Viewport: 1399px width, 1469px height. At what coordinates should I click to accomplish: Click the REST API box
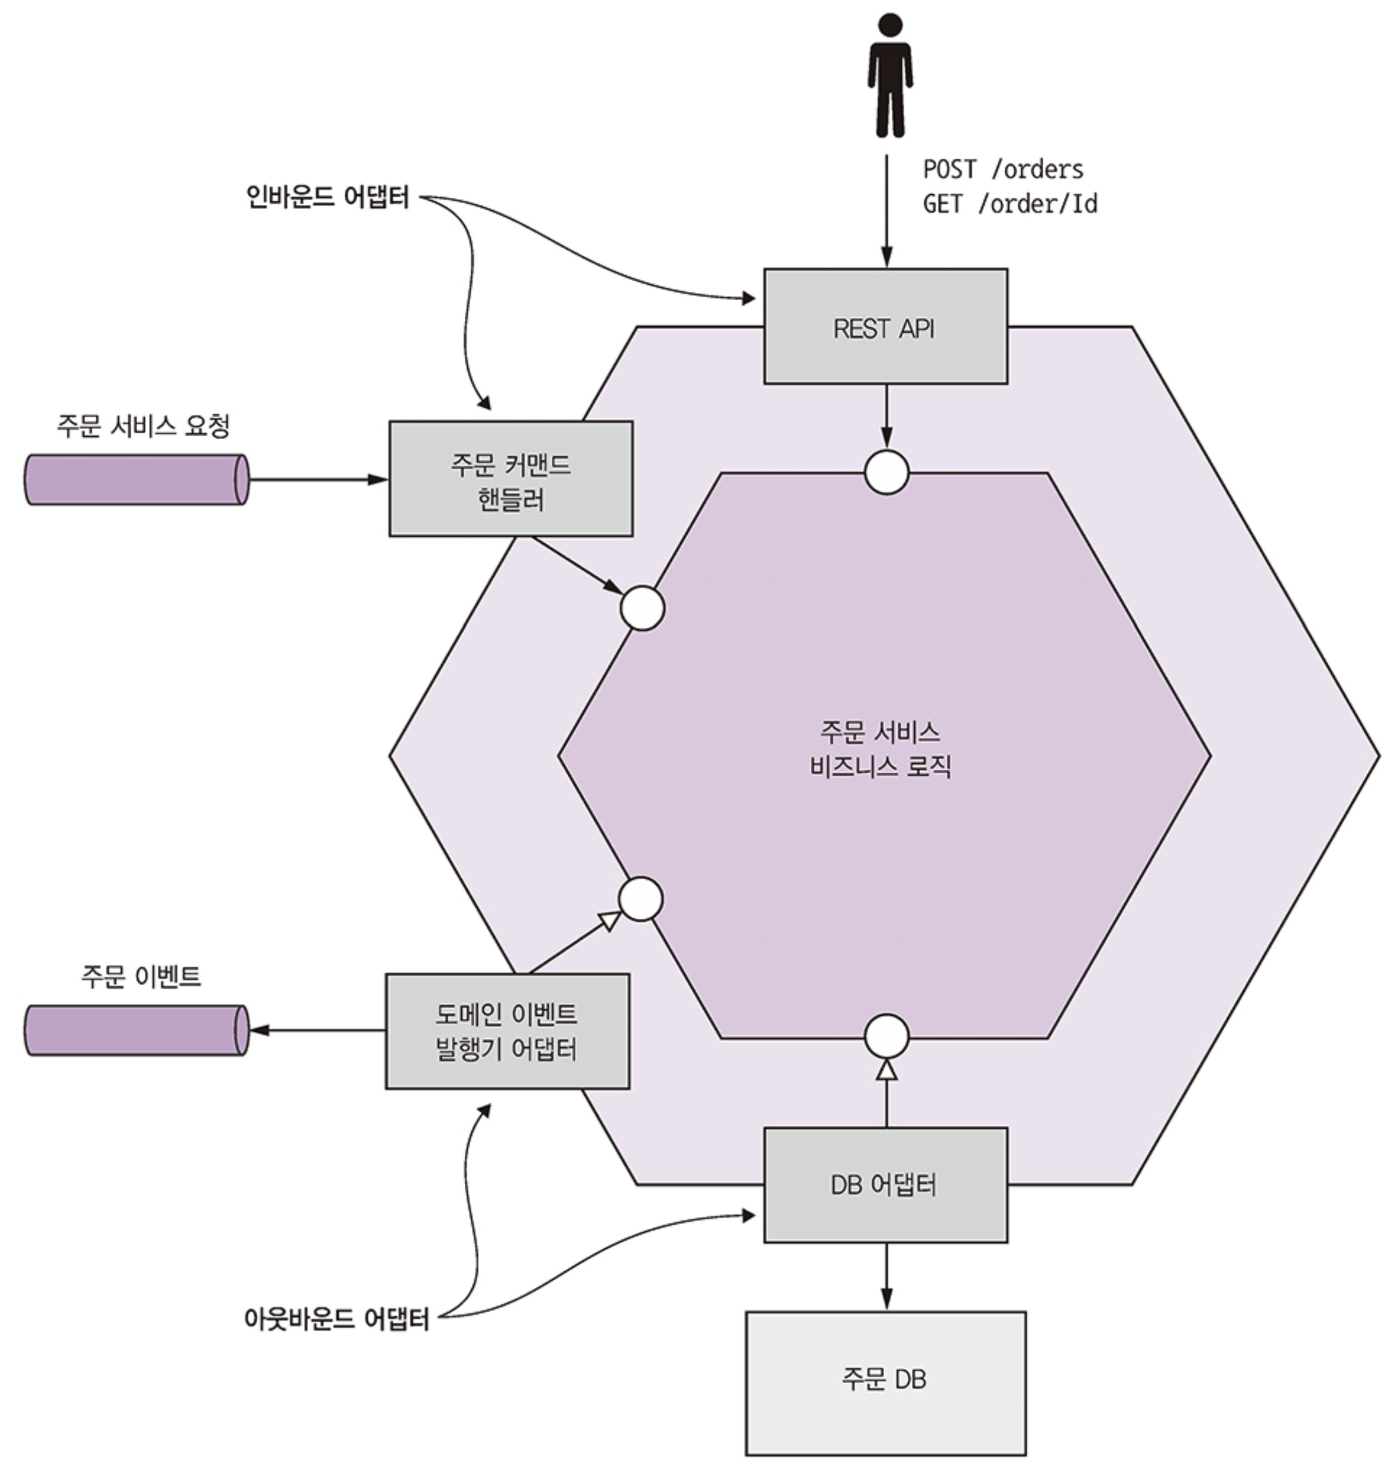pyautogui.click(x=885, y=327)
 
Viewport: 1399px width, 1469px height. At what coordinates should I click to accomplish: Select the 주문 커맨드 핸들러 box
pyautogui.click(x=511, y=479)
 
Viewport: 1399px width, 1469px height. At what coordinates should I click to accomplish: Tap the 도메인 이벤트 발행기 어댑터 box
pyautogui.click(x=507, y=1031)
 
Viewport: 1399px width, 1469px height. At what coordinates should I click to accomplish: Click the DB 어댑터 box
pyautogui.click(x=885, y=1185)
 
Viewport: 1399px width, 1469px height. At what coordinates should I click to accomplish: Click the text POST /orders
pyautogui.click(x=1003, y=169)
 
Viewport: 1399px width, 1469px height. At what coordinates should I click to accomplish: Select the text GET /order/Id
pyautogui.click(x=1010, y=204)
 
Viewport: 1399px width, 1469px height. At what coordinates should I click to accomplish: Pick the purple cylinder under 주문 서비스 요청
pyautogui.click(x=136, y=480)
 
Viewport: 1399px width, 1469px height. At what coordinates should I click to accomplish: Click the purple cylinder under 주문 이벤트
pyautogui.click(x=136, y=1031)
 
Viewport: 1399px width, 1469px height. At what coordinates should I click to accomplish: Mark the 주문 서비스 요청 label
pyautogui.click(x=143, y=426)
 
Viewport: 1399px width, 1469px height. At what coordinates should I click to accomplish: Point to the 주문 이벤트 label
pyautogui.click(x=141, y=976)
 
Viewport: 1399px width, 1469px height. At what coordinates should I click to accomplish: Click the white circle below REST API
pyautogui.click(x=887, y=472)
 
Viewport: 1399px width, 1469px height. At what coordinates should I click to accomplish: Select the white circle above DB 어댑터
pyautogui.click(x=887, y=1035)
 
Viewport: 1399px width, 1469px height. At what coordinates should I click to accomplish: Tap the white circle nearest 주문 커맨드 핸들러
pyautogui.click(x=642, y=608)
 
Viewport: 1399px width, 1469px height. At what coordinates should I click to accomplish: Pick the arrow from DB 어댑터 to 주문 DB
pyautogui.click(x=886, y=1277)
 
